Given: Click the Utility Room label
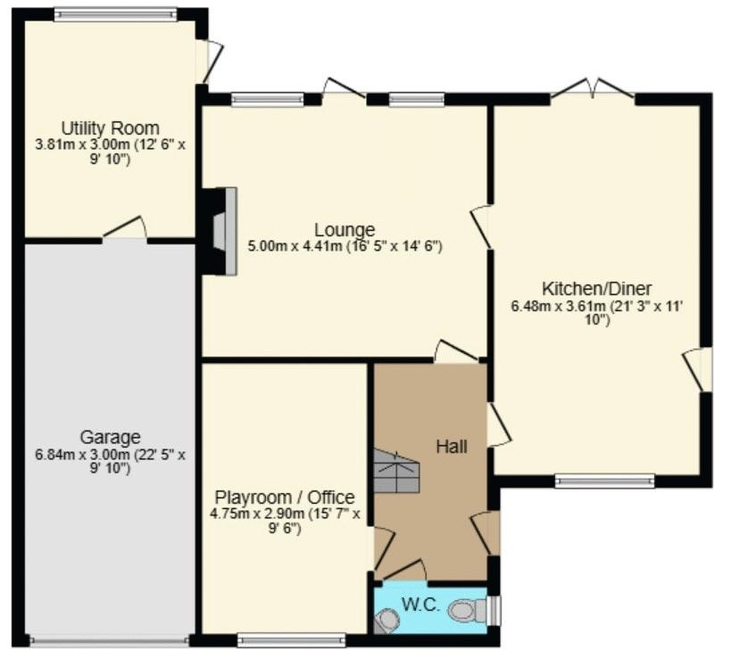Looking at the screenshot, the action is (111, 128).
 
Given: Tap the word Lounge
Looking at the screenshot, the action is (345, 229).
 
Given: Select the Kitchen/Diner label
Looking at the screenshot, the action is (597, 289).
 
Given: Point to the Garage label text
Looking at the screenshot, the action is (111, 437).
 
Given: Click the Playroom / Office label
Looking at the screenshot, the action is (285, 498).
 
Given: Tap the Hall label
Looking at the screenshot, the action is (452, 447).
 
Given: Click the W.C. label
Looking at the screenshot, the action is (421, 605).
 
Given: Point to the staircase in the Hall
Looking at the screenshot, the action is (397, 471).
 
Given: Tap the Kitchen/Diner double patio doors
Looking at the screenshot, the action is (593, 89).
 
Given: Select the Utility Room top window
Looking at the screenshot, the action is (116, 14).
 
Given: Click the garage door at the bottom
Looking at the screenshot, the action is (110, 641).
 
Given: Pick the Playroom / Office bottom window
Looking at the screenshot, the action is (291, 640).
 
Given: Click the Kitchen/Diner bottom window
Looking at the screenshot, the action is (605, 481).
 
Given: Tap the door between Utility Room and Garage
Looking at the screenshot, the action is (125, 229).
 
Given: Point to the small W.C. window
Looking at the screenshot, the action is (494, 610).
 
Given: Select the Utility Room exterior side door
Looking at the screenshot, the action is (210, 63).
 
